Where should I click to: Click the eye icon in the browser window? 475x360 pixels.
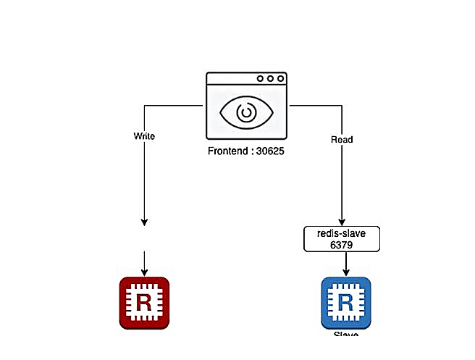pos(246,113)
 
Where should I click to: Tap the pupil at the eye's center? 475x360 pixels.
pos(246,113)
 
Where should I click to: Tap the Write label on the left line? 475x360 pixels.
pos(144,135)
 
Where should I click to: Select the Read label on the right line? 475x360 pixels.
pos(341,139)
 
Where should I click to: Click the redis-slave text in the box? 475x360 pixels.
pos(341,234)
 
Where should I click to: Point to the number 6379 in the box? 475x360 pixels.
pos(341,245)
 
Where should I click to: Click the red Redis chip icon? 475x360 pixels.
pos(144,302)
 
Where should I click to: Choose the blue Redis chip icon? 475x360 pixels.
pos(346,302)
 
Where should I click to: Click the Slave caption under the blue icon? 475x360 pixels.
pos(346,335)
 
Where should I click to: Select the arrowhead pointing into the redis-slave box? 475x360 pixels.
pos(341,223)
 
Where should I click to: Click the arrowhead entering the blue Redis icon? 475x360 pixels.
pos(346,273)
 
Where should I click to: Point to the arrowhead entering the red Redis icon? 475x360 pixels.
pos(144,273)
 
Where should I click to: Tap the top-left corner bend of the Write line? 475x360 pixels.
pos(144,106)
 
